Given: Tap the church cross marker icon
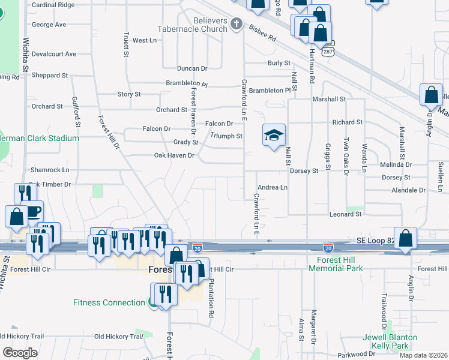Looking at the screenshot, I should pyautogui.click(x=237, y=24).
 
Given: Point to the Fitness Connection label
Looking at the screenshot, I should pyautogui.click(x=109, y=302).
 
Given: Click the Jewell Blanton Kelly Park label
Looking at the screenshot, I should pyautogui.click(x=390, y=342).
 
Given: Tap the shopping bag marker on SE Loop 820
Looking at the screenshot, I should pyautogui.click(x=406, y=238).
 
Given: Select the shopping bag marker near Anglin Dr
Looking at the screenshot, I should pyautogui.click(x=431, y=95).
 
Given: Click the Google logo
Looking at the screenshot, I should pyautogui.click(x=20, y=353).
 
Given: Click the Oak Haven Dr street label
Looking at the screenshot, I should pyautogui.click(x=174, y=155).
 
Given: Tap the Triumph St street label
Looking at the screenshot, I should pyautogui.click(x=226, y=136).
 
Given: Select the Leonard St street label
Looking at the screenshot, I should pyautogui.click(x=345, y=214).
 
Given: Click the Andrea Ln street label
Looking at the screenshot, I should pyautogui.click(x=272, y=187).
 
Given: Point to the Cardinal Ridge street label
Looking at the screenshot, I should pyautogui.click(x=53, y=5).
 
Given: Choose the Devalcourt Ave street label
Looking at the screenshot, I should pyautogui.click(x=54, y=54).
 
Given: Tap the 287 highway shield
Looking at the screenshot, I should pyautogui.click(x=328, y=51).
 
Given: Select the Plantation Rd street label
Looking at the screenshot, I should pyautogui.click(x=211, y=300).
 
